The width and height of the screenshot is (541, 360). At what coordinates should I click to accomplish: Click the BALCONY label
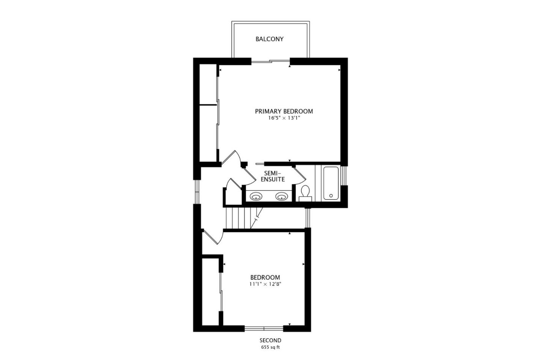pyautogui.click(x=269, y=39)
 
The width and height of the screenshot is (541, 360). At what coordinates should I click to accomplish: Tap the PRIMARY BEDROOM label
pyautogui.click(x=284, y=111)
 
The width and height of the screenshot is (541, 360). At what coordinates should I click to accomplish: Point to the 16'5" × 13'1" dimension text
pyautogui.click(x=284, y=118)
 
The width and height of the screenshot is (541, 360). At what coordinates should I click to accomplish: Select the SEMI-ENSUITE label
pyautogui.click(x=273, y=176)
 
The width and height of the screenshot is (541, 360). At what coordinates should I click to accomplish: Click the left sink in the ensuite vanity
pyautogui.click(x=256, y=196)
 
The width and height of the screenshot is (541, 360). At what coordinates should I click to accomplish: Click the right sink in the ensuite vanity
pyautogui.click(x=281, y=196)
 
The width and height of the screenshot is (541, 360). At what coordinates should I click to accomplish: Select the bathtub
pyautogui.click(x=331, y=183)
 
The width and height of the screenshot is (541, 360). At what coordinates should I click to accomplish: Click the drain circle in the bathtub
pyautogui.click(x=331, y=196)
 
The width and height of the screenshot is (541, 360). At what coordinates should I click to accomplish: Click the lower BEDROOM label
pyautogui.click(x=265, y=277)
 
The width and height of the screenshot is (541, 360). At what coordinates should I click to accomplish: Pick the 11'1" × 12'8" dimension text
pyautogui.click(x=265, y=284)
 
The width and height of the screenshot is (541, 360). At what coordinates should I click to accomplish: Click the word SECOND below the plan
pyautogui.click(x=270, y=340)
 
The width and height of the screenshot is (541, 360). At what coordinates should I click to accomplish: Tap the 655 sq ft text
pyautogui.click(x=270, y=348)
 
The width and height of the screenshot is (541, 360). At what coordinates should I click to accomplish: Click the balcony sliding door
pyautogui.click(x=270, y=62)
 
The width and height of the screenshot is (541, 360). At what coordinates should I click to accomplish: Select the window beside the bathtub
pyautogui.click(x=344, y=176)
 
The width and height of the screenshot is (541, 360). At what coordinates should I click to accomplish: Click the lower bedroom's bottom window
pyautogui.click(x=264, y=328)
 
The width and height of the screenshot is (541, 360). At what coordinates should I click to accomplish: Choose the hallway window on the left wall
pyautogui.click(x=197, y=192)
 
